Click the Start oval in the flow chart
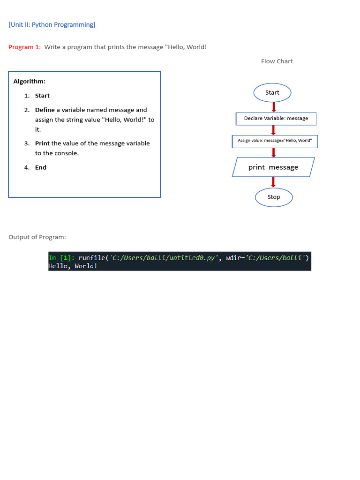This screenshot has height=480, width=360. coord(272,93)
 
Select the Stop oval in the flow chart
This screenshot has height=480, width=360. coord(274,197)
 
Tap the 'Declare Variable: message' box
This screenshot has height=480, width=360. coord(276,119)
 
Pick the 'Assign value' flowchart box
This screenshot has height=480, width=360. coord(275,141)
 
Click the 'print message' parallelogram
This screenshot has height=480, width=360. coord(273,167)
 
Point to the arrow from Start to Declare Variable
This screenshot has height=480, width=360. coord(274,107)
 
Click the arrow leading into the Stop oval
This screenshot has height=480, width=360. coord(274,182)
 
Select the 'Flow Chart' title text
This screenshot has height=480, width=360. coord(277,61)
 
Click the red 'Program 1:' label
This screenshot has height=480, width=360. coord(24,47)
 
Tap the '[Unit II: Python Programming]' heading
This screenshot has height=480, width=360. coord(52,24)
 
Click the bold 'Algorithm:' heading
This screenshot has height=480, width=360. coord(29,82)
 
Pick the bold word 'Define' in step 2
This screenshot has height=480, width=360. coord(45,110)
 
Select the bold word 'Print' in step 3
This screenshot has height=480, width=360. coord(42,143)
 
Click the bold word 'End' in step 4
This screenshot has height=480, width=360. coord(41,167)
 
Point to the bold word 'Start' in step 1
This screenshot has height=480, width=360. coord(42,96)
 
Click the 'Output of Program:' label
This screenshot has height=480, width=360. coord(37,237)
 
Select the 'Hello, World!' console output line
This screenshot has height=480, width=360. coord(73,266)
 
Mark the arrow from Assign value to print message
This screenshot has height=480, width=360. coord(274,153)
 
